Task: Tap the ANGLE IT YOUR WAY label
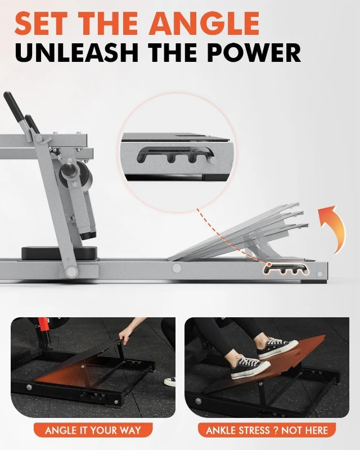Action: (92, 430)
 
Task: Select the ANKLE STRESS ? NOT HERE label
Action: (267, 430)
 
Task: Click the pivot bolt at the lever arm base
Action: (71, 272)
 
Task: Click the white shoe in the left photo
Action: (170, 381)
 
